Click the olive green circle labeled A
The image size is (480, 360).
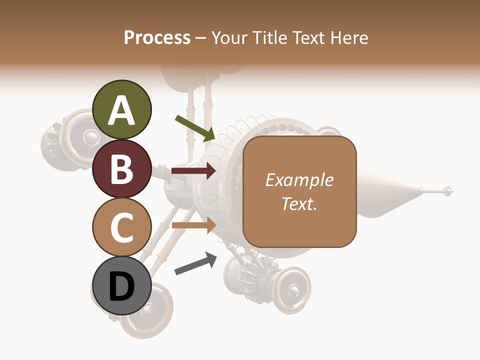pos(122,109)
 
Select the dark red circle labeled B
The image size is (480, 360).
pos(122,168)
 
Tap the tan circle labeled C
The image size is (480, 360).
pos(122,227)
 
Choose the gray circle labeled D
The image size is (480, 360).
pos(122,286)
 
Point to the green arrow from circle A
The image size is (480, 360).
pos(195,128)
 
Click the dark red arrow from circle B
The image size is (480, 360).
pos(194,171)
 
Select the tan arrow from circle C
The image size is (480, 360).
pos(194,225)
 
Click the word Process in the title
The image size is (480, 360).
pos(157,37)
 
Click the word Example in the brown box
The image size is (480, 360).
pos(299,180)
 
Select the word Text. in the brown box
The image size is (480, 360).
pos(299,203)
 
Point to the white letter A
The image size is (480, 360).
pos(122,110)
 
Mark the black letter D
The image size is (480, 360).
pos(122,286)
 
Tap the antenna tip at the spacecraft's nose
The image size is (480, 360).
pos(448,190)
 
